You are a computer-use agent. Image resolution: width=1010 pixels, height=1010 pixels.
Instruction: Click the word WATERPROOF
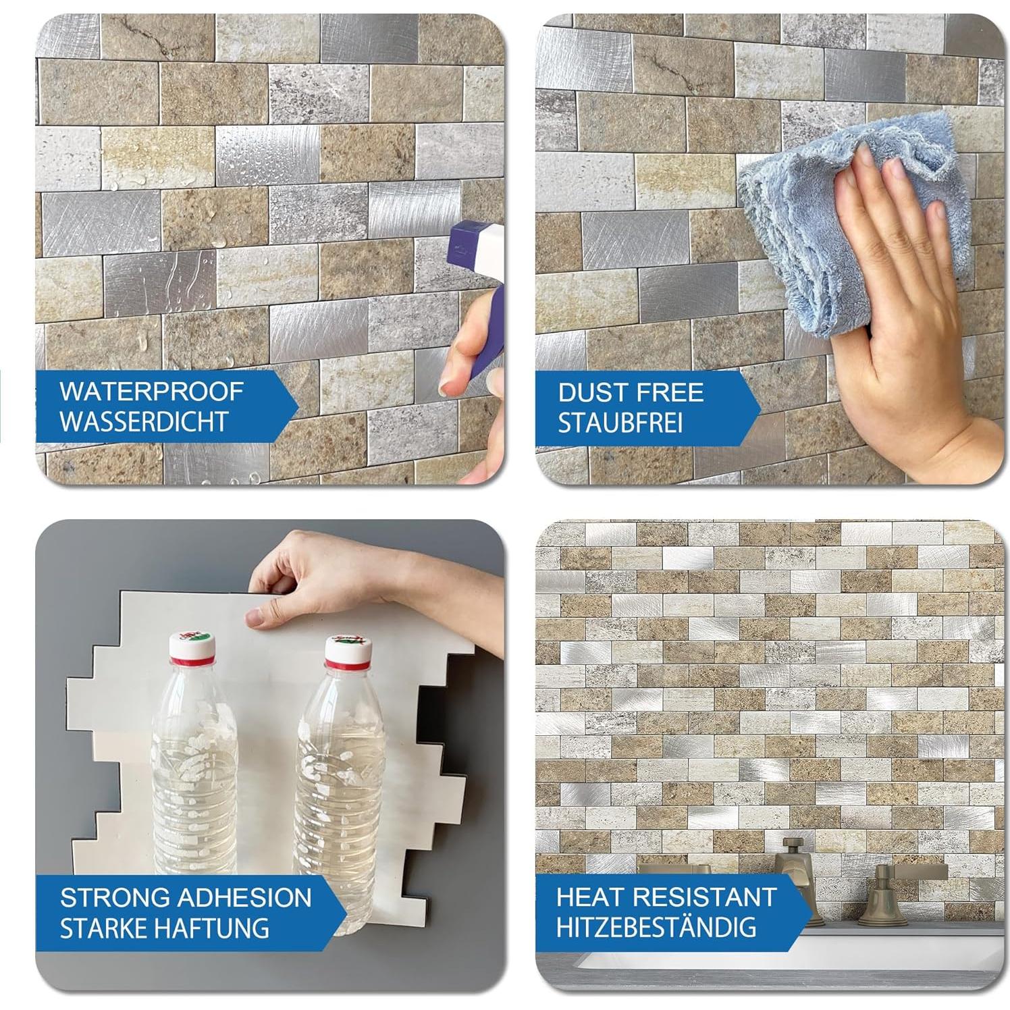tap(151, 392)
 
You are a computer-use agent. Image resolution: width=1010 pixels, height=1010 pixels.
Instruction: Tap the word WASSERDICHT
tap(143, 422)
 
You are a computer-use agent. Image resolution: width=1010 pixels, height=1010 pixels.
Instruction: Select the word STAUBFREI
tap(620, 423)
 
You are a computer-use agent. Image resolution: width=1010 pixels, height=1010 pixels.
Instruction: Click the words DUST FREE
tap(630, 393)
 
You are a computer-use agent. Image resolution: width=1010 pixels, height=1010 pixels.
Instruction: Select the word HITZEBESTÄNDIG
tap(656, 927)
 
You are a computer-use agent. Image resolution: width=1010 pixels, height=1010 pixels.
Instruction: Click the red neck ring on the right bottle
tap(347, 666)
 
